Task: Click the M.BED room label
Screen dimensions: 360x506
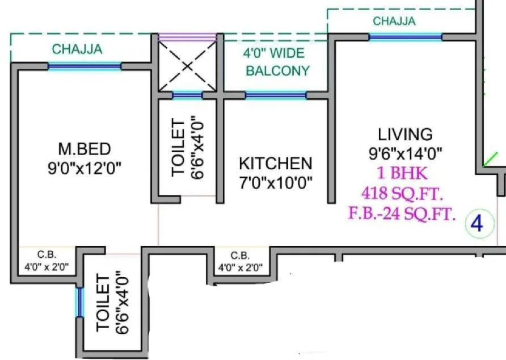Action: pos(84,149)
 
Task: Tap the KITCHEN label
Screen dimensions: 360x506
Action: pos(275,164)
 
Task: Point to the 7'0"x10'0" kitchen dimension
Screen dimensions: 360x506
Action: pos(275,183)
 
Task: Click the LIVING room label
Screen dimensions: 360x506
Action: pos(405,134)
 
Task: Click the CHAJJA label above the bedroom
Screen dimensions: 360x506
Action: pos(77,49)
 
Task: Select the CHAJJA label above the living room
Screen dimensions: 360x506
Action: pos(394,22)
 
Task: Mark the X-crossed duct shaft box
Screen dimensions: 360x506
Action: pos(187,66)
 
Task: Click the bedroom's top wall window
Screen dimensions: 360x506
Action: pos(84,66)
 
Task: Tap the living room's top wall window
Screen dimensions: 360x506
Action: pos(405,37)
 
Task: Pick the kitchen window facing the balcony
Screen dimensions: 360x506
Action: pos(276,95)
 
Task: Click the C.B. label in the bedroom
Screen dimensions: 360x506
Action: pos(47,256)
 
